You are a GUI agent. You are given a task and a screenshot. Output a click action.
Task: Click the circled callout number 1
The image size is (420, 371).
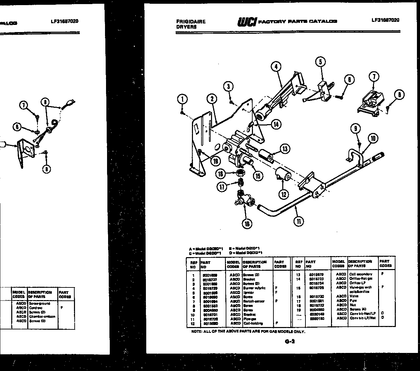click(183, 99)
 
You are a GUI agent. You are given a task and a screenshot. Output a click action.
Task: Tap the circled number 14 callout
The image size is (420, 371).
click(276, 124)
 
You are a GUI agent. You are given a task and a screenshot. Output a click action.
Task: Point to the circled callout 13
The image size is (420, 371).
click(285, 149)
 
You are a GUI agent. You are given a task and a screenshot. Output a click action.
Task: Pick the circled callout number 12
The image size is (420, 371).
click(284, 195)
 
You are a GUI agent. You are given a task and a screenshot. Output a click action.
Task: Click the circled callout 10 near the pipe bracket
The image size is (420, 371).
click(373, 138)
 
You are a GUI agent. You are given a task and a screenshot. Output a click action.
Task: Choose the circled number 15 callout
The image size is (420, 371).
click(258, 176)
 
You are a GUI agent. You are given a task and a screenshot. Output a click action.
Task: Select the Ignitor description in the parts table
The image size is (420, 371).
click(249, 293)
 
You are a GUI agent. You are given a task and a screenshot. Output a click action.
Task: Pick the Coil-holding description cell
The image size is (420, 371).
click(253, 323)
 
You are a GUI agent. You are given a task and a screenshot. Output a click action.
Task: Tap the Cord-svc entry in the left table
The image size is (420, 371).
click(35, 308)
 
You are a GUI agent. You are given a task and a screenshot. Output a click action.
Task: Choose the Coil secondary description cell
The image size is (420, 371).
click(361, 274)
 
